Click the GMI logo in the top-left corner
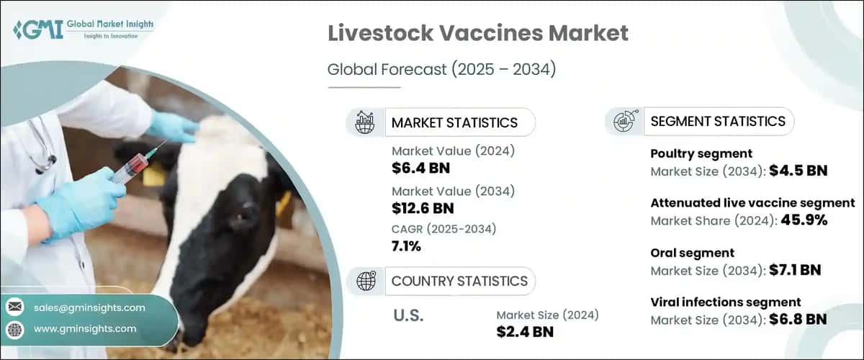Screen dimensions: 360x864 [x=84, y=30]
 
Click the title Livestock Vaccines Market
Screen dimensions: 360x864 [x=478, y=34]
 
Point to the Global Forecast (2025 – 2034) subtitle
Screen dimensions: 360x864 [x=442, y=70]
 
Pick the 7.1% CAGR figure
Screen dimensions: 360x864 [x=407, y=247]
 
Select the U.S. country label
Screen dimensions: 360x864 [x=410, y=315]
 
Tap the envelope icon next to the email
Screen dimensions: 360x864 [x=14, y=307]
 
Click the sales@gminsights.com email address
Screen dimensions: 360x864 [x=89, y=307]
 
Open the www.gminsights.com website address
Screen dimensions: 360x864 [x=85, y=328]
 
